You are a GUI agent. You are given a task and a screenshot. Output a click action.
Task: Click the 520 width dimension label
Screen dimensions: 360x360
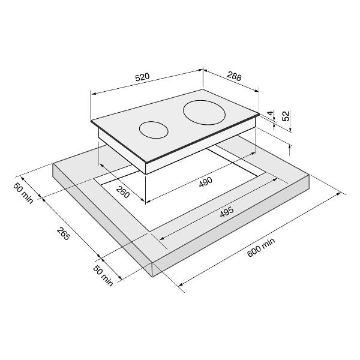pyautogui.click(x=142, y=77)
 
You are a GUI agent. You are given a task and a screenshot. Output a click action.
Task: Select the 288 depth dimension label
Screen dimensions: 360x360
pyautogui.click(x=235, y=76)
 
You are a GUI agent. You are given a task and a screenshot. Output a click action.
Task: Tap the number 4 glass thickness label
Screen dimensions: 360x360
pyautogui.click(x=271, y=113)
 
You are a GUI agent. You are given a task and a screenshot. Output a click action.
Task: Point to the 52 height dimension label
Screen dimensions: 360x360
pyautogui.click(x=286, y=116)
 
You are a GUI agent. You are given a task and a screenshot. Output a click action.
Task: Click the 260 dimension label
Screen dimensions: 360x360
pyautogui.click(x=122, y=192)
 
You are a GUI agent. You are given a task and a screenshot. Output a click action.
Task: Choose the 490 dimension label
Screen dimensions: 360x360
pyautogui.click(x=206, y=182)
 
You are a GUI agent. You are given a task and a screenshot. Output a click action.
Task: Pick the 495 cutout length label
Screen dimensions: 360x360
pyautogui.click(x=227, y=212)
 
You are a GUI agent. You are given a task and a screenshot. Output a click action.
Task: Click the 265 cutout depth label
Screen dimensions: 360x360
pyautogui.click(x=63, y=234)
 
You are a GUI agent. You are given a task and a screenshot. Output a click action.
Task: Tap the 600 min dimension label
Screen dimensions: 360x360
pyautogui.click(x=261, y=248)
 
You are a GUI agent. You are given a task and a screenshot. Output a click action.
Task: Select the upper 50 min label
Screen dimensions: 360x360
pyautogui.click(x=23, y=193)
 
